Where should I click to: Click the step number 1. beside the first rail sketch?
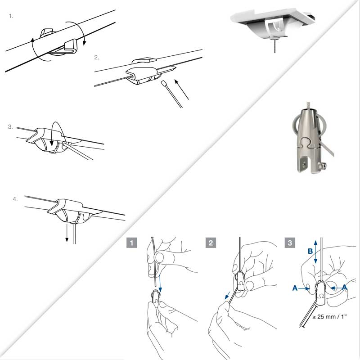tap(11, 16)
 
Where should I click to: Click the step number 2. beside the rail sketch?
tap(97, 58)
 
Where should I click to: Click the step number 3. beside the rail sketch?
tap(10, 127)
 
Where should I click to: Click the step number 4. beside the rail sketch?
tap(15, 199)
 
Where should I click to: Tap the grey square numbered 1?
tap(131, 243)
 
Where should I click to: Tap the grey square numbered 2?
tap(211, 243)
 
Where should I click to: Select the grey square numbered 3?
tap(290, 243)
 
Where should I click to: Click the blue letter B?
tap(310, 251)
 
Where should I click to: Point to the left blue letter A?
tap(295, 288)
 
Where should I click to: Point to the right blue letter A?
tap(344, 287)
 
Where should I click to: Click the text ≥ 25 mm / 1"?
tap(329, 317)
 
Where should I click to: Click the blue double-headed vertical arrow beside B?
tap(316, 252)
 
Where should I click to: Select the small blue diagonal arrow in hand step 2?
tap(227, 295)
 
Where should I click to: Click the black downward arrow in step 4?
tap(67, 233)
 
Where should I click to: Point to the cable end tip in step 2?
tap(164, 83)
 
